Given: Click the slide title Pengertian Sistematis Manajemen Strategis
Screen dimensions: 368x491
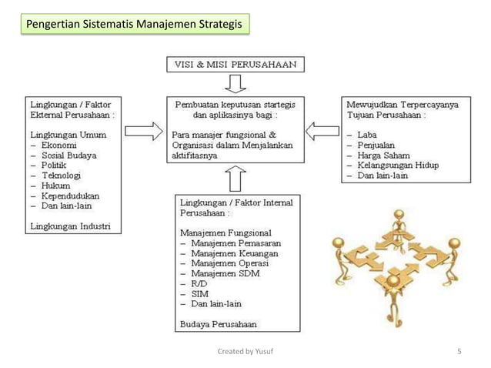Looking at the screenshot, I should (134, 26).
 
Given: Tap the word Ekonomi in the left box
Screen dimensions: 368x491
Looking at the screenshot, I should (59, 143).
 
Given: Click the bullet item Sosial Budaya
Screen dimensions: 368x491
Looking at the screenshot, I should (68, 154).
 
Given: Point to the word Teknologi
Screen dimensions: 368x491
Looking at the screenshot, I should (62, 175).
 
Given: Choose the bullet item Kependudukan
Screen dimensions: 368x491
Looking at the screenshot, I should (70, 196).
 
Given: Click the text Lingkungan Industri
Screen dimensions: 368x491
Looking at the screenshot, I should (69, 226).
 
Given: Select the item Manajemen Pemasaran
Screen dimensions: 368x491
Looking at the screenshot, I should (235, 243).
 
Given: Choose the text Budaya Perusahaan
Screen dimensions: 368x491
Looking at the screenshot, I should (218, 323).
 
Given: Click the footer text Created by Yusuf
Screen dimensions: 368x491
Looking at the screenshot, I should (245, 353).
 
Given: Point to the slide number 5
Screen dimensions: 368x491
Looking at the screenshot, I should (459, 353).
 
